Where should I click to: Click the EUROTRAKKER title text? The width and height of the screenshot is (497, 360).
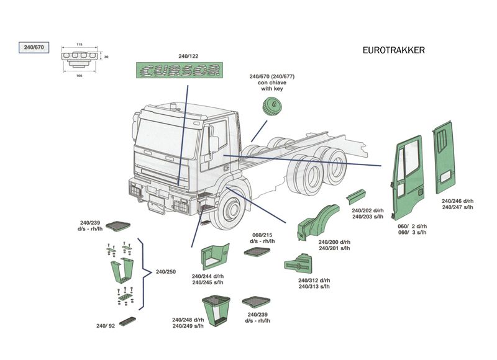click(x=393, y=51)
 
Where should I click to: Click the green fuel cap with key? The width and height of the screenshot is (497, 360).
click(x=271, y=106)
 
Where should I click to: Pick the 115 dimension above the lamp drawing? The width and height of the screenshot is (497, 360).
click(x=80, y=45)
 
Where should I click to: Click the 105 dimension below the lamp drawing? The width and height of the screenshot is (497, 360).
click(x=80, y=75)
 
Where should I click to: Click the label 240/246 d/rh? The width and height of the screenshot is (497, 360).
click(x=458, y=201)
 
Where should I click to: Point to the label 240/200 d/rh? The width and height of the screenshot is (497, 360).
click(x=334, y=242)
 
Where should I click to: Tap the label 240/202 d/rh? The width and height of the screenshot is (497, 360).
click(x=368, y=211)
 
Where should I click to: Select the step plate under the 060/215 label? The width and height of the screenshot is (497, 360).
click(x=257, y=252)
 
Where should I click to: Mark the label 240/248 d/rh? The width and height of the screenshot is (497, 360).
click(x=188, y=320)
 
